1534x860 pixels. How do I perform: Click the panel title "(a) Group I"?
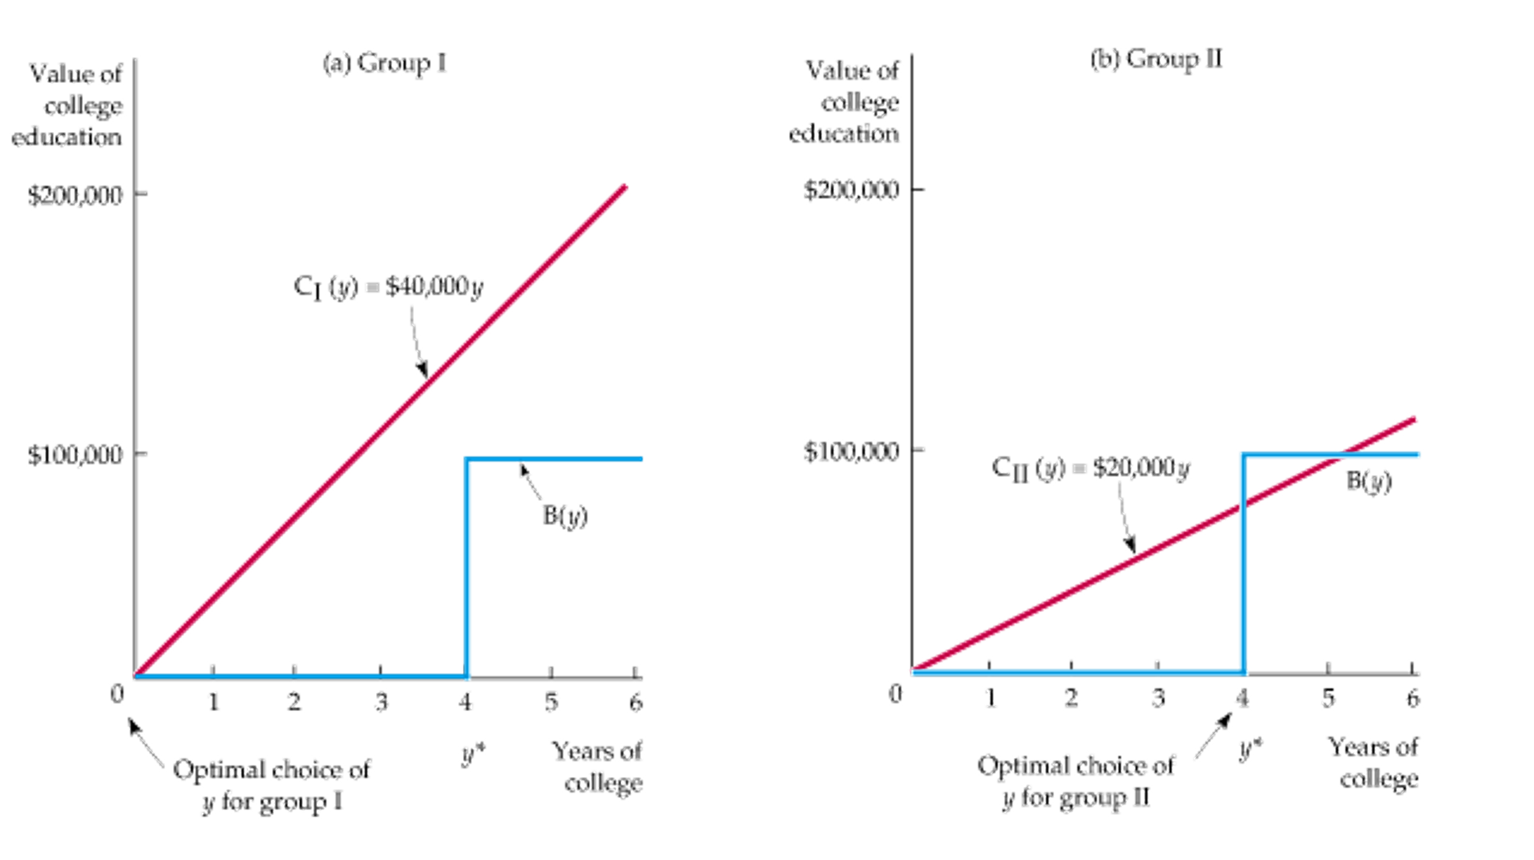385,65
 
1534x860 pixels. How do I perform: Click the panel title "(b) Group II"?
1157,61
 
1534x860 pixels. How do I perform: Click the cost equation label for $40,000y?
389,287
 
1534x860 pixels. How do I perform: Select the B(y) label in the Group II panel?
1369,483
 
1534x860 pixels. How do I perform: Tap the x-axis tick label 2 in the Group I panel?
294,701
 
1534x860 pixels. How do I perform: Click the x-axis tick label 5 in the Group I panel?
552,701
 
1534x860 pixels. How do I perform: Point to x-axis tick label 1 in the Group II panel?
989,698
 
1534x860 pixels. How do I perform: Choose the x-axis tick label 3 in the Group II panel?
1157,698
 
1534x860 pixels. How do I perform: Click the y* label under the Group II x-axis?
1251,750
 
